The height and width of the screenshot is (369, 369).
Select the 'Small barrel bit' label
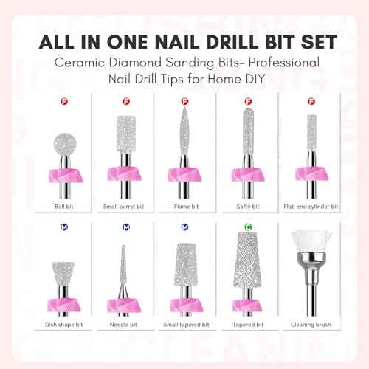[x=123, y=208]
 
